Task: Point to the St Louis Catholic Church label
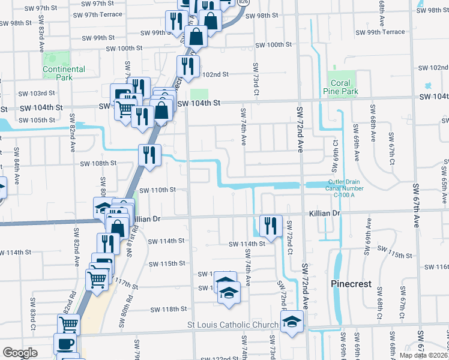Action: [233, 325]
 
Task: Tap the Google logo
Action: [20, 353]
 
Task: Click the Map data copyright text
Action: [423, 355]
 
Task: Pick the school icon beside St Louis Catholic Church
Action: [292, 322]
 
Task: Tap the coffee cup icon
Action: [65, 344]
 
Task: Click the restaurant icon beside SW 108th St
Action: [149, 155]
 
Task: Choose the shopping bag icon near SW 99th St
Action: [196, 37]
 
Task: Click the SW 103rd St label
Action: [36, 94]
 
